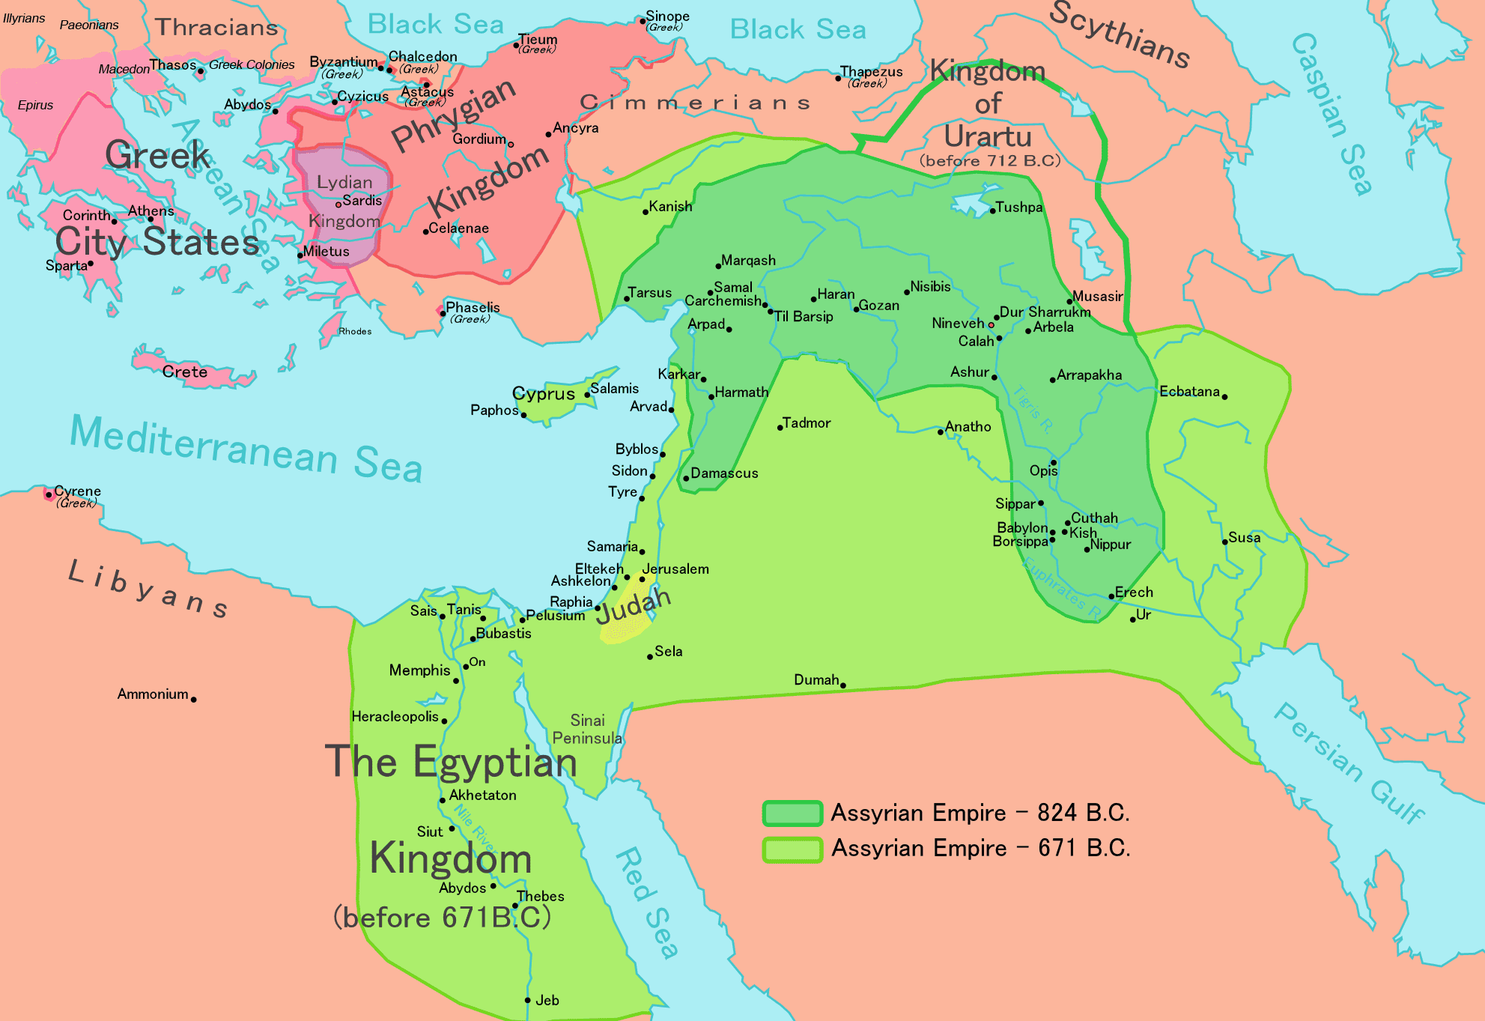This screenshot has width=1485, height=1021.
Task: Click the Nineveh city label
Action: click(x=957, y=324)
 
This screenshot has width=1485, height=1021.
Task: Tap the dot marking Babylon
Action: click(x=1053, y=533)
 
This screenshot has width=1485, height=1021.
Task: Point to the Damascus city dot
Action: click(x=686, y=478)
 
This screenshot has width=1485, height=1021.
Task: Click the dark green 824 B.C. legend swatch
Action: click(x=792, y=814)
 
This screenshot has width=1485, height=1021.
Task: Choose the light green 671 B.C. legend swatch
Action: click(x=792, y=849)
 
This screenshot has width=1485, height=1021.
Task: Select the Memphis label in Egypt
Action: click(x=419, y=670)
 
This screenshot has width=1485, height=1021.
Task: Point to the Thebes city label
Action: click(x=540, y=897)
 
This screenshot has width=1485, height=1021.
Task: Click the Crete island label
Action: click(x=184, y=372)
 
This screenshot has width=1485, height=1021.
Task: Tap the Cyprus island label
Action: click(x=543, y=394)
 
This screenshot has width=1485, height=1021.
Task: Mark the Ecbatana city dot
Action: click(x=1224, y=397)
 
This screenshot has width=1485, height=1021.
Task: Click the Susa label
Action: click(x=1244, y=538)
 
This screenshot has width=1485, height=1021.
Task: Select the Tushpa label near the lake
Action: click(x=1018, y=207)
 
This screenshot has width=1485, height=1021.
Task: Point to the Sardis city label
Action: click(x=362, y=201)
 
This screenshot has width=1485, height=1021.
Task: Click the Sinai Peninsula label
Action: click(x=587, y=729)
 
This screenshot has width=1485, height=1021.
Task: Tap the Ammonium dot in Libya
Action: click(x=193, y=700)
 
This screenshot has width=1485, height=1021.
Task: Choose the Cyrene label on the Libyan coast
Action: click(x=77, y=491)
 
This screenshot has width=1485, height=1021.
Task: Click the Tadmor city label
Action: click(x=807, y=423)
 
